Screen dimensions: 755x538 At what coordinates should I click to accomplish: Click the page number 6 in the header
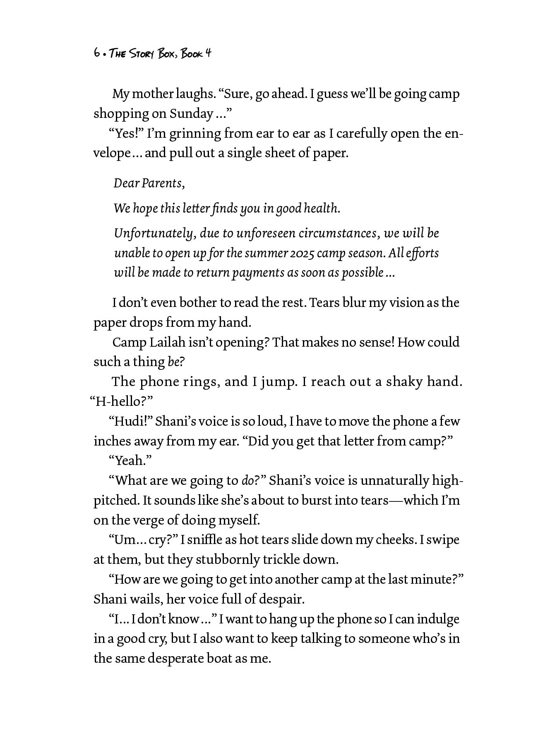click(96, 53)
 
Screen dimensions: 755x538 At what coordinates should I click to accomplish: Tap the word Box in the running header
click(168, 54)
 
